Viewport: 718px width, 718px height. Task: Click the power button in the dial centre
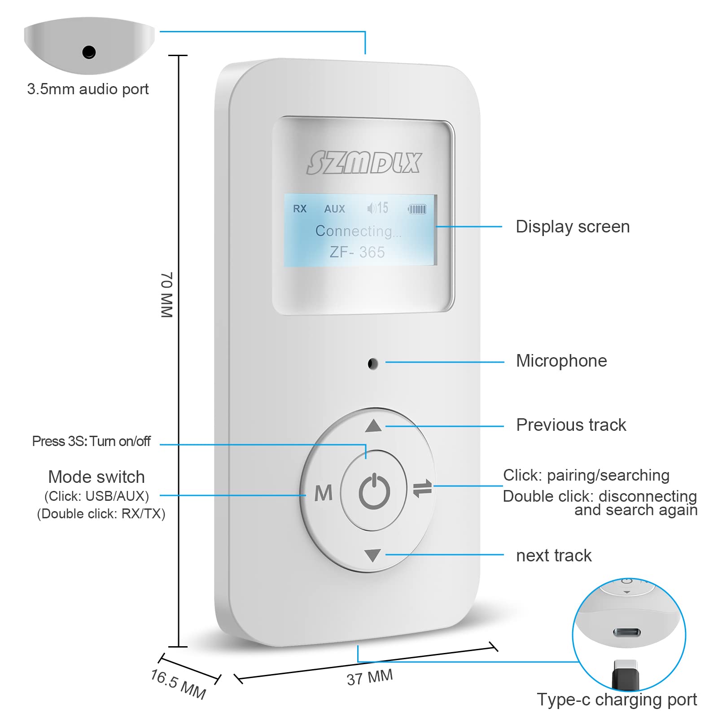click(374, 491)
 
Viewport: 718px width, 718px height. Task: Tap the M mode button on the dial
click(323, 493)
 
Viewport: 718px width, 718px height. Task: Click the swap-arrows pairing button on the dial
click(422, 488)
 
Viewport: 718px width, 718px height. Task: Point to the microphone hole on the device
click(372, 363)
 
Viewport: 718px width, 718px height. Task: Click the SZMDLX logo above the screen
click(364, 162)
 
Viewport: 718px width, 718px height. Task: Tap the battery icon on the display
click(417, 209)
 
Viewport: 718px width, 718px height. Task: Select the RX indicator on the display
click(299, 209)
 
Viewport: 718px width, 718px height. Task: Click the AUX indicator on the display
click(335, 209)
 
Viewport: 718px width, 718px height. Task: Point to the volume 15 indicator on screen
click(378, 208)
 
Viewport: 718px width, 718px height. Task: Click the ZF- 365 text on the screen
click(357, 252)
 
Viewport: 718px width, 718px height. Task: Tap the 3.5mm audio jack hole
click(89, 52)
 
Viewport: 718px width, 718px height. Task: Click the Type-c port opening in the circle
click(627, 633)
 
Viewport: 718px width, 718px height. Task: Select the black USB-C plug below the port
click(625, 673)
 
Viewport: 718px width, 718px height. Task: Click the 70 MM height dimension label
click(166, 295)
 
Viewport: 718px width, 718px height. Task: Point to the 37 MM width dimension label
click(370, 677)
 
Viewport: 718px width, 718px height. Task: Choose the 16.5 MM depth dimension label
click(178, 684)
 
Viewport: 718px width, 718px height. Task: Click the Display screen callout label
click(573, 227)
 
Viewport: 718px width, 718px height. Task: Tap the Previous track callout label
click(571, 425)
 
